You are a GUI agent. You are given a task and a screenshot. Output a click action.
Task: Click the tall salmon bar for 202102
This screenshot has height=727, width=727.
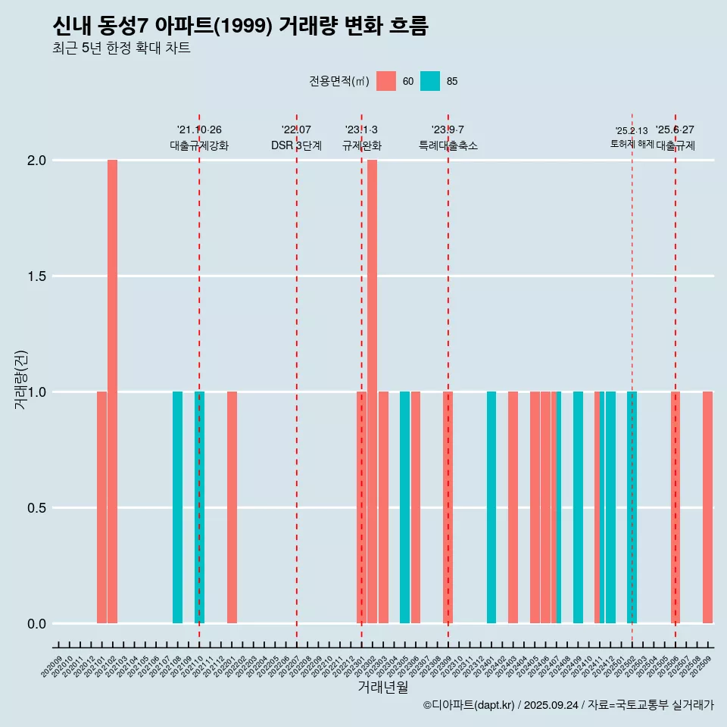point(112,392)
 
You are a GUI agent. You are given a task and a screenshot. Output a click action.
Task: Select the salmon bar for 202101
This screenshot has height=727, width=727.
point(101,507)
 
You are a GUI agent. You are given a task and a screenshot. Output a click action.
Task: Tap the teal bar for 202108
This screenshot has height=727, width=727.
point(177,507)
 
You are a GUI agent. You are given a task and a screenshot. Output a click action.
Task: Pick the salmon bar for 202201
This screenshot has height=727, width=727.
point(232,507)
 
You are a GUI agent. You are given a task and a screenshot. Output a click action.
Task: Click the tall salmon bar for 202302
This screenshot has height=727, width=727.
point(372,392)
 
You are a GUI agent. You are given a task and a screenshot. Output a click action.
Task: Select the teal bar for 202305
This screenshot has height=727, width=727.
point(404,507)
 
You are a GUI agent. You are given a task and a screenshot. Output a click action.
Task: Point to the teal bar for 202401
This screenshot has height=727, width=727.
point(491,507)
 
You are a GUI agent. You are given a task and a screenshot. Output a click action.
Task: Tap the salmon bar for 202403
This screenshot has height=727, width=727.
point(513,507)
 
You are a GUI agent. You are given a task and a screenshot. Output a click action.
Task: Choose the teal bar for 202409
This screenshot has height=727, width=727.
point(578,507)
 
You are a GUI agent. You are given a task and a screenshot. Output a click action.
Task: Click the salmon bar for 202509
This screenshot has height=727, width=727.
point(707,507)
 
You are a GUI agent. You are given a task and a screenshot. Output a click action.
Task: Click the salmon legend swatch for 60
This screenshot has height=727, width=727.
point(386,81)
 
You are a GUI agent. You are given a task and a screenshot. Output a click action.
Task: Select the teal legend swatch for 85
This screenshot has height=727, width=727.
point(430,81)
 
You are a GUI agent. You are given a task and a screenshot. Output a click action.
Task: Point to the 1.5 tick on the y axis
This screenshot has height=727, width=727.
point(36,276)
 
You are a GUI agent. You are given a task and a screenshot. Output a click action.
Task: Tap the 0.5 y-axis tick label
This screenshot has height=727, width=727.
point(36,508)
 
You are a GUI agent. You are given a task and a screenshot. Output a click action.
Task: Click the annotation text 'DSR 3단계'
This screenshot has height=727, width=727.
point(296,145)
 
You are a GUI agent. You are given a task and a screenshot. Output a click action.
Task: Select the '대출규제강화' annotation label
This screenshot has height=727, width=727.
point(199,145)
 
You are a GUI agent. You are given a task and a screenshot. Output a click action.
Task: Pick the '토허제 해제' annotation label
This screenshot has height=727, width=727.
point(632,144)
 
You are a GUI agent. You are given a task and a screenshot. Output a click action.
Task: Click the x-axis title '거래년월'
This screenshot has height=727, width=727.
point(382,688)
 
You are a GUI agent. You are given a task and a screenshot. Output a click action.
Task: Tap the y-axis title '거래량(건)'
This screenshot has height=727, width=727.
point(21,380)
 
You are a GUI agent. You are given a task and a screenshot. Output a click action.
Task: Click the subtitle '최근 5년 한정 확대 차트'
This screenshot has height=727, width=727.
point(121,48)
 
